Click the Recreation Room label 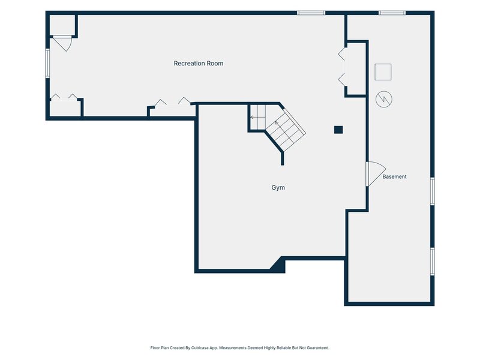coord(199,64)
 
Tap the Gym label coord(278,187)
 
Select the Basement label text coord(394,176)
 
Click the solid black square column coord(338,130)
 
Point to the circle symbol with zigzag coord(384,99)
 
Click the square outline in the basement coord(383,72)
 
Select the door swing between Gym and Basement coord(376,174)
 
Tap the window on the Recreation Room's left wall coord(47,63)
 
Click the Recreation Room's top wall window coord(311,13)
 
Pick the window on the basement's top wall coord(392,13)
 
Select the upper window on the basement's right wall coord(432,191)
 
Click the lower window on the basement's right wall coord(432,262)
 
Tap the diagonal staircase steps coord(286,130)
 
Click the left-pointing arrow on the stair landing coord(254,117)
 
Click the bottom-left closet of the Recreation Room coord(65,108)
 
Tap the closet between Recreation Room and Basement coord(356,69)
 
